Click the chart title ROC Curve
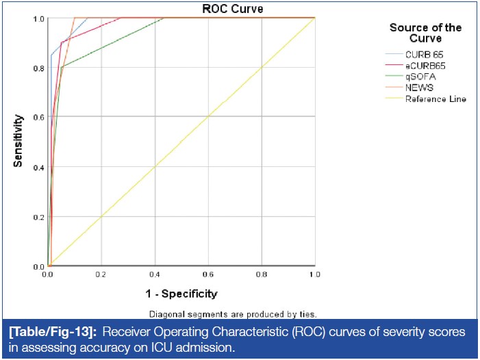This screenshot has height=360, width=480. point(232,9)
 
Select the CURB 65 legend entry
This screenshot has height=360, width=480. point(425,54)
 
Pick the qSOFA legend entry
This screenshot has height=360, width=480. point(420,77)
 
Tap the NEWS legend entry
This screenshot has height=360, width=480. point(419,88)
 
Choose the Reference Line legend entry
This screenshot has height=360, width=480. point(435,99)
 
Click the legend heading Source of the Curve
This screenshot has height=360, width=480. point(425,33)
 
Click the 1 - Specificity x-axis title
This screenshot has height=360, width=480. point(181,294)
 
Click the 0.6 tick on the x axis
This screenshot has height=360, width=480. point(208,275)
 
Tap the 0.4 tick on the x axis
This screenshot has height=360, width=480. point(155,275)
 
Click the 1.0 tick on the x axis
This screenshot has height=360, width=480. point(315,275)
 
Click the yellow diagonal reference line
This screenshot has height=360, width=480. point(181,142)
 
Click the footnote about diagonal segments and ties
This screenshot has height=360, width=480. point(233,314)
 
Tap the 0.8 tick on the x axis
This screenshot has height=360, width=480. point(262,275)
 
